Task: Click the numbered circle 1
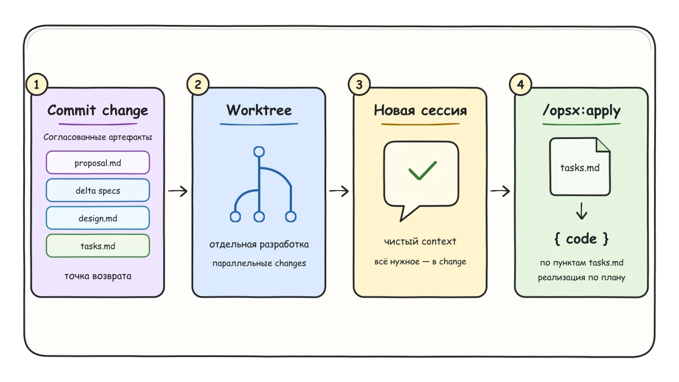click(x=37, y=84)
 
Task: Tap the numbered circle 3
click(x=359, y=84)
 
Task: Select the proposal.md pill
click(x=98, y=163)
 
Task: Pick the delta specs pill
click(x=98, y=190)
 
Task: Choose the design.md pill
click(x=98, y=218)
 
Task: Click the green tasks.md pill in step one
click(x=98, y=246)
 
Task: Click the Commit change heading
click(x=97, y=110)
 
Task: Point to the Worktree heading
click(x=259, y=110)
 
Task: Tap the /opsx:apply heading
click(x=582, y=111)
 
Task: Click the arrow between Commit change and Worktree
click(x=178, y=191)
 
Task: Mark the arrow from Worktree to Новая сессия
click(x=339, y=191)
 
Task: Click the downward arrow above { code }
click(x=582, y=211)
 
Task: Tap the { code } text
click(x=582, y=239)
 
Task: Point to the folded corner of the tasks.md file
click(x=603, y=145)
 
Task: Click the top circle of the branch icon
click(x=259, y=152)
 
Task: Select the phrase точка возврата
click(x=98, y=276)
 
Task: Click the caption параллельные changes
click(x=259, y=263)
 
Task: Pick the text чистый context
click(x=420, y=241)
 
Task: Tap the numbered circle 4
click(x=521, y=84)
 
